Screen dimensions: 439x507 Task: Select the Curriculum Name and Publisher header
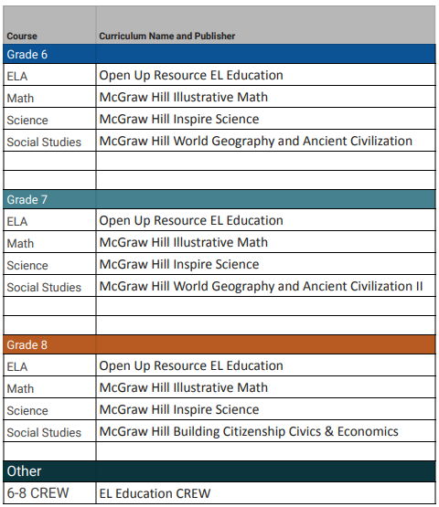pyautogui.click(x=166, y=37)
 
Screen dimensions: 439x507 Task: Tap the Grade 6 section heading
pyautogui.click(x=27, y=55)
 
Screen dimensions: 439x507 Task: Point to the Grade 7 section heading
pyautogui.click(x=27, y=200)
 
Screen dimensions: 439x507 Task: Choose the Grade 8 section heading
pyautogui.click(x=27, y=345)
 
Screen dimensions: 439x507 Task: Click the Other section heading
pyautogui.click(x=25, y=471)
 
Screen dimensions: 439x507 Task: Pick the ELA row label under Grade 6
pyautogui.click(x=17, y=76)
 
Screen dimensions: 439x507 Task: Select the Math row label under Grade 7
pyautogui.click(x=20, y=243)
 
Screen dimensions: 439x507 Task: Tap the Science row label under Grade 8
pyautogui.click(x=27, y=410)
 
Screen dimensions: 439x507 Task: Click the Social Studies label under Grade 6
pyautogui.click(x=44, y=142)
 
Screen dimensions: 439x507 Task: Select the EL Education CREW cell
pyautogui.click(x=155, y=494)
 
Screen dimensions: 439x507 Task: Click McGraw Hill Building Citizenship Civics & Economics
pyautogui.click(x=249, y=431)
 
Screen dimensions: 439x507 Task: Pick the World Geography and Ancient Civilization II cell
pyautogui.click(x=261, y=286)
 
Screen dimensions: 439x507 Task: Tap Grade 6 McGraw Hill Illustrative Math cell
pyautogui.click(x=183, y=97)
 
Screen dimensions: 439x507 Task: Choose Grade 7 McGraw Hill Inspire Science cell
pyautogui.click(x=179, y=264)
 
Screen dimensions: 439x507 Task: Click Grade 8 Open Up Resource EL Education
pyautogui.click(x=191, y=365)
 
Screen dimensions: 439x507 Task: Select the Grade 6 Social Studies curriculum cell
pyautogui.click(x=256, y=141)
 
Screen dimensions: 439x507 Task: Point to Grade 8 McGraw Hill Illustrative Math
pyautogui.click(x=183, y=387)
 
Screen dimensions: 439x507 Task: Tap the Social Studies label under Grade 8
pyautogui.click(x=44, y=432)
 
